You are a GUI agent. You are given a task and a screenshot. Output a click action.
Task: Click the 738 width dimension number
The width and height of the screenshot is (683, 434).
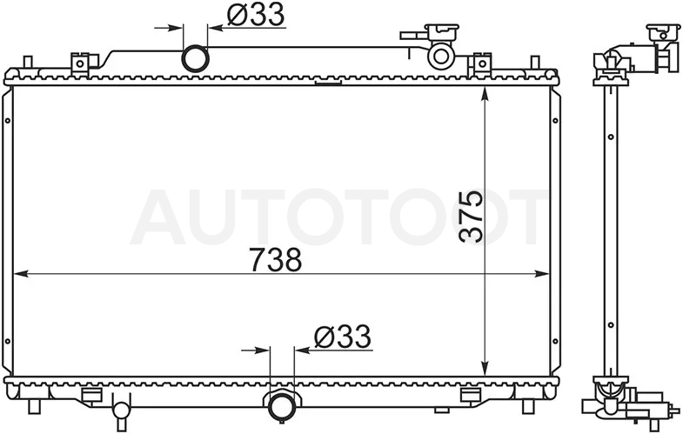tap(276, 260)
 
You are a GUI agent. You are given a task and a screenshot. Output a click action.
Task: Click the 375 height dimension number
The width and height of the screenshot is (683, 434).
tap(472, 216)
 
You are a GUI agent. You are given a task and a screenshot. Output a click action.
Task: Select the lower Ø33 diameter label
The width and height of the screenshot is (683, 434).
tap(343, 337)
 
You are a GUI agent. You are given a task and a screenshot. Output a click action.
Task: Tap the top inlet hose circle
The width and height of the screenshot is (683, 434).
tap(195, 58)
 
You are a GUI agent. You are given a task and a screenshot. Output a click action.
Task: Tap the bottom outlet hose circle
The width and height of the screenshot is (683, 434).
tap(282, 406)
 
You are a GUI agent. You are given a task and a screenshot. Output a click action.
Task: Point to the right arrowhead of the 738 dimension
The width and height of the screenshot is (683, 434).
tap(542, 274)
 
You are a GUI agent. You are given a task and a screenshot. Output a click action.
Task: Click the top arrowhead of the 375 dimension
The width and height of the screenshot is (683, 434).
tap(485, 95)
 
